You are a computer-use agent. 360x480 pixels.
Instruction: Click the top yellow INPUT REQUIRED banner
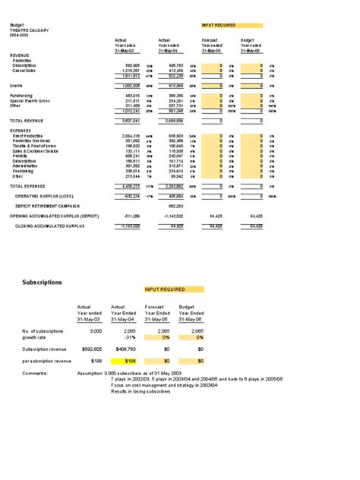(x=232, y=25)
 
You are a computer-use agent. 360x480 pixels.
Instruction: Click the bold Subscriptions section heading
(x=45, y=283)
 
